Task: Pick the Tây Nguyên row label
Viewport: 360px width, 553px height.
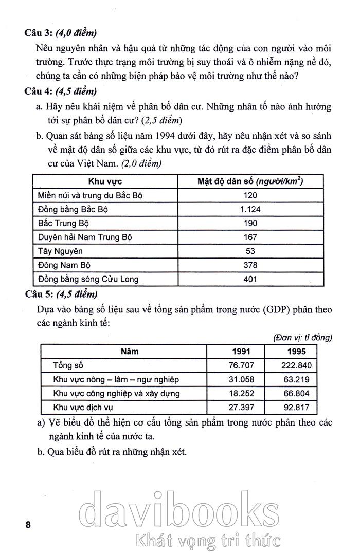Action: pos(60,251)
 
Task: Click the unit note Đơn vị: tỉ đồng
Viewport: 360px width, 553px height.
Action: pos(301,337)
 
